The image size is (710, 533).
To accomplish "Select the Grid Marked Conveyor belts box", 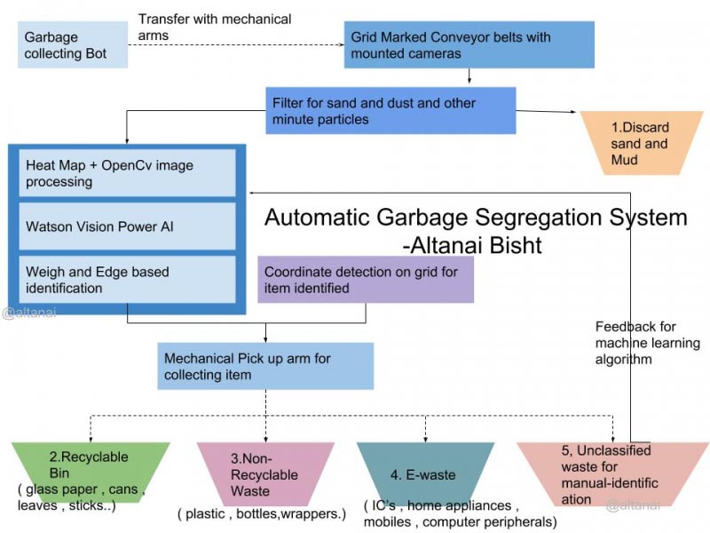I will tap(469, 44).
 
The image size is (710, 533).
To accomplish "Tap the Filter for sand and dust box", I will tap(390, 110).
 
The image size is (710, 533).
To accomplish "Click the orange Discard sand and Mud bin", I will tap(638, 143).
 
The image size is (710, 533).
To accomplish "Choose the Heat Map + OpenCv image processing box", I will tap(127, 173).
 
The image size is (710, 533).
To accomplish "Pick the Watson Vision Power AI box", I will tap(127, 227).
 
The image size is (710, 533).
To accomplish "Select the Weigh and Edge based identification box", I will tap(127, 280).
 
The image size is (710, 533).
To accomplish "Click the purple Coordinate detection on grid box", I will tap(365, 280).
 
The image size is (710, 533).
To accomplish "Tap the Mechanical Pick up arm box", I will tap(265, 367).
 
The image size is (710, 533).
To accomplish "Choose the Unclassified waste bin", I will tap(612, 473).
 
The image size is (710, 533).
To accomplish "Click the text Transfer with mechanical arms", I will tap(215, 27).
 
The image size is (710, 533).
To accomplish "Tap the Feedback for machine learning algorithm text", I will tap(647, 343).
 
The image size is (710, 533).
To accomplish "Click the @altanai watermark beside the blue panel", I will tap(29, 313).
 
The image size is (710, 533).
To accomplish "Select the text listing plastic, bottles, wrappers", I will tap(261, 513).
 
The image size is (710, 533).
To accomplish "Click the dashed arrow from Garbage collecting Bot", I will tap(235, 44).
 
